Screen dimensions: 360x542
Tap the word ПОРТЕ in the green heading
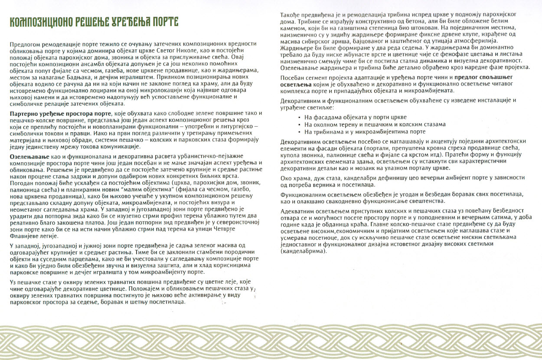click(161, 22)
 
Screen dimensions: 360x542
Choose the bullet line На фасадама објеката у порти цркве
click(355, 118)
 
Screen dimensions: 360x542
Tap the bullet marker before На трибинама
click(300, 131)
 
